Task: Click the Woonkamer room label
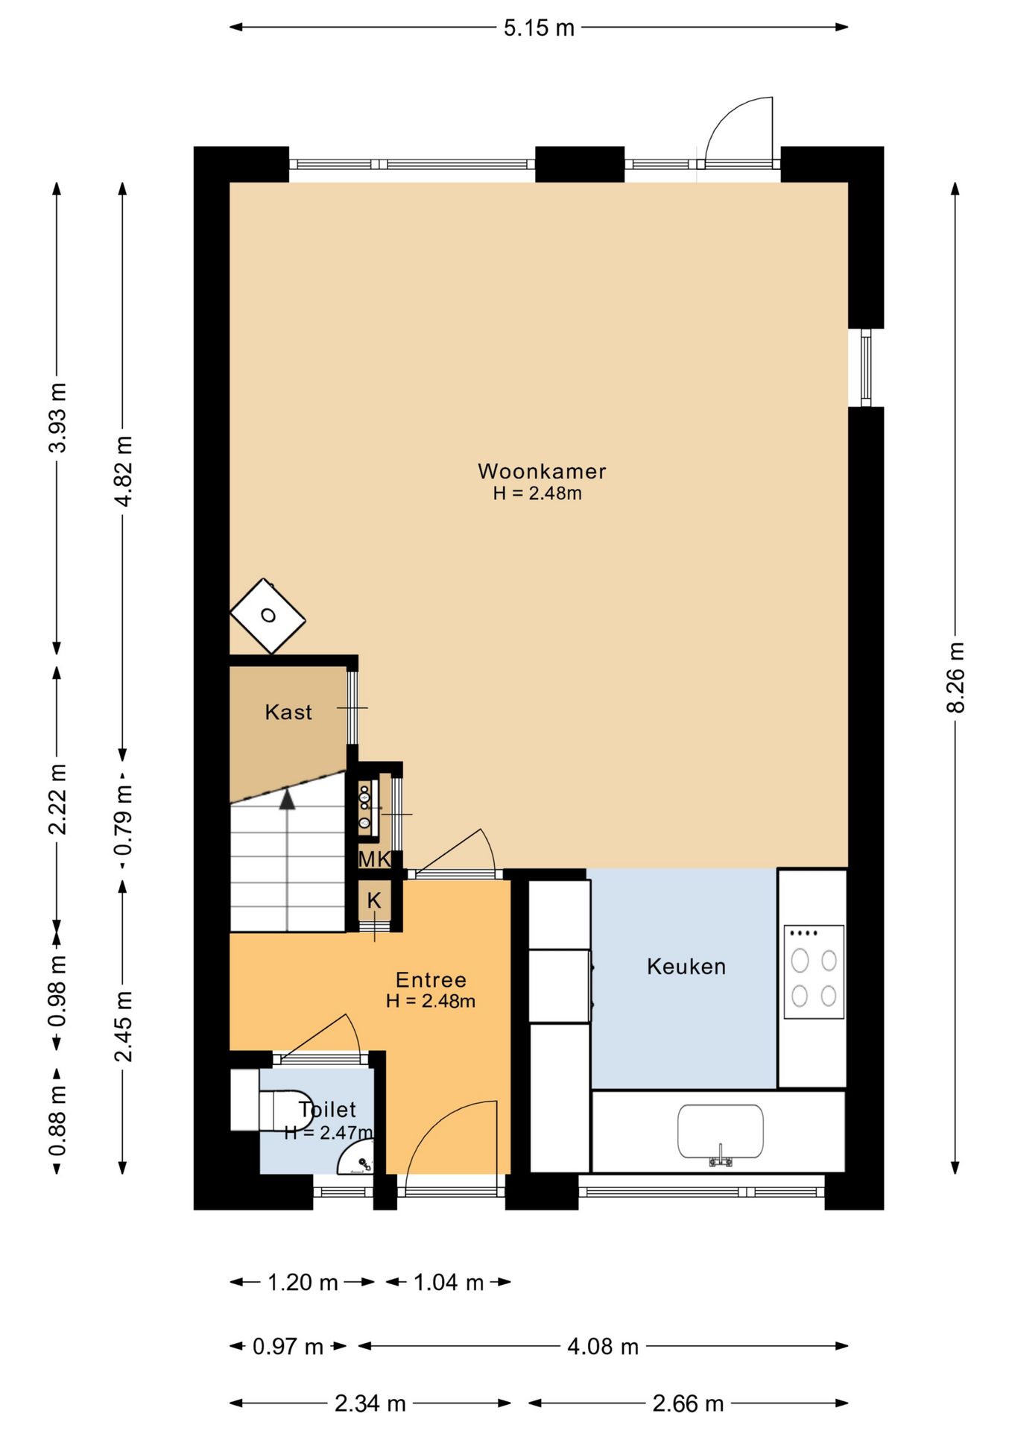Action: click(x=542, y=471)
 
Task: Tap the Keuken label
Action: click(x=686, y=967)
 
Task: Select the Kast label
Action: click(x=288, y=712)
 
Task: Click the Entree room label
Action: click(x=431, y=979)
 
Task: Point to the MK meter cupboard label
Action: click(x=374, y=859)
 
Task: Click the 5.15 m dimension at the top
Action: click(x=539, y=28)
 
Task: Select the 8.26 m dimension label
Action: click(x=955, y=677)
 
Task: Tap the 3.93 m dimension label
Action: click(x=57, y=417)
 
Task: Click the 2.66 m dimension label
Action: click(x=688, y=1403)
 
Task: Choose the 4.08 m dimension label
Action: click(x=603, y=1346)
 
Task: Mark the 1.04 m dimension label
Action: click(x=449, y=1282)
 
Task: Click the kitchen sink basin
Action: click(x=720, y=1131)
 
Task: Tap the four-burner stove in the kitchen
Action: click(x=814, y=972)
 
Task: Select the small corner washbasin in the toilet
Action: click(x=356, y=1160)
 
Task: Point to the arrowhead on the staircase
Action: click(x=287, y=799)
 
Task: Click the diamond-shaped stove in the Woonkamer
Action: click(x=268, y=616)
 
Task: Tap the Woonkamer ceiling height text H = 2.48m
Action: click(x=537, y=493)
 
